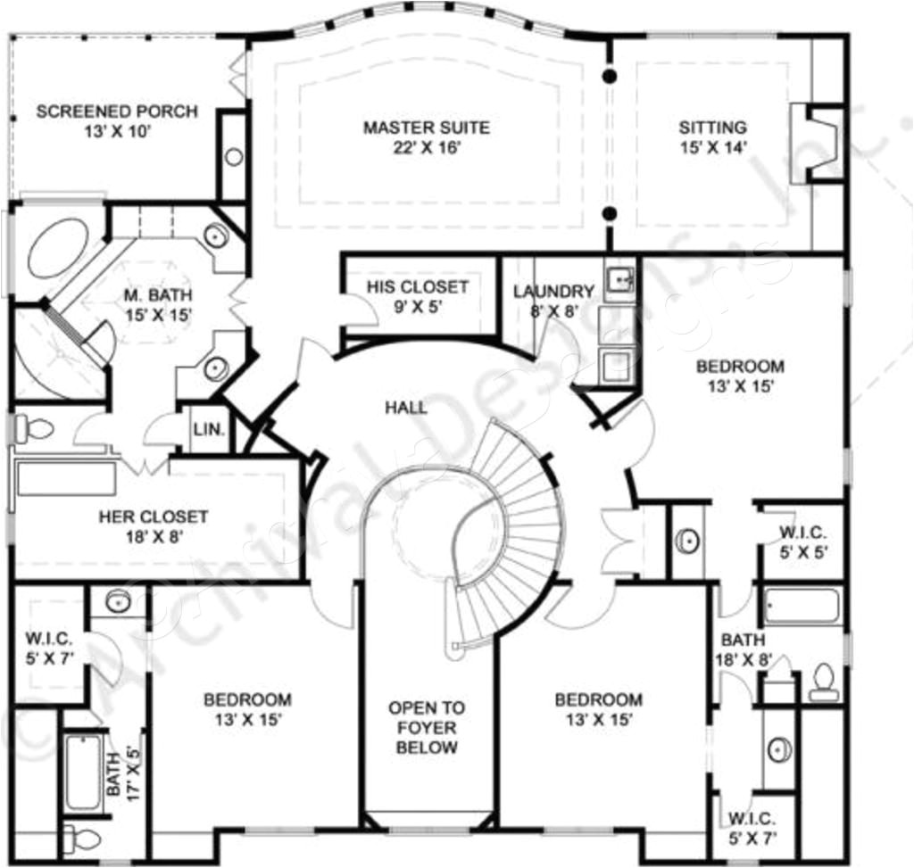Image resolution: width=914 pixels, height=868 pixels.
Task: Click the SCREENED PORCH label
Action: pyautogui.click(x=117, y=112)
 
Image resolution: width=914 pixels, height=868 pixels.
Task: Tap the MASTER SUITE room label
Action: pyautogui.click(x=426, y=128)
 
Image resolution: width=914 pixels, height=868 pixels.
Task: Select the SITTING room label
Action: pyautogui.click(x=712, y=128)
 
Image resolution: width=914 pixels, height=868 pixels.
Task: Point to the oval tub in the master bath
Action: pyautogui.click(x=57, y=251)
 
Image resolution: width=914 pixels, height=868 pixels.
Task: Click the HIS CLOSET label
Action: pyautogui.click(x=417, y=287)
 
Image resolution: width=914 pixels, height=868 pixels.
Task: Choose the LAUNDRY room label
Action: pyautogui.click(x=553, y=292)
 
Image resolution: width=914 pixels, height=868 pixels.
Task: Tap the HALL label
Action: pyautogui.click(x=406, y=409)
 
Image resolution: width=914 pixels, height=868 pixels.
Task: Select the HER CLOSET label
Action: pyautogui.click(x=154, y=517)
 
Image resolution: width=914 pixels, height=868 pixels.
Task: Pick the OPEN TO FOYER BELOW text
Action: pyautogui.click(x=426, y=727)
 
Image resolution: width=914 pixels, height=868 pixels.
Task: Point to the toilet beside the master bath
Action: pyautogui.click(x=34, y=429)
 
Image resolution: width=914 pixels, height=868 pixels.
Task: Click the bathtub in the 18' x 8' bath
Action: pyautogui.click(x=801, y=607)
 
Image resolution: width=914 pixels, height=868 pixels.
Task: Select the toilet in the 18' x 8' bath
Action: pyautogui.click(x=822, y=682)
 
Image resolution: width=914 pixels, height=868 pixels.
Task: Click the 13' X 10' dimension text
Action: pyautogui.click(x=117, y=132)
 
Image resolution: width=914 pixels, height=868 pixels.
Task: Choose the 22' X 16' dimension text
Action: pyautogui.click(x=426, y=147)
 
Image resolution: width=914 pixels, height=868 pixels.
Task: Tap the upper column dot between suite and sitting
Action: pyautogui.click(x=610, y=77)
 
